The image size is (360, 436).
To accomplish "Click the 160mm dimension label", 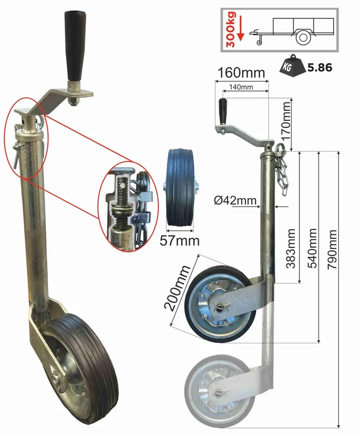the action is point(241,72).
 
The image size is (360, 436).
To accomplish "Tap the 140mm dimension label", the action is point(241,87).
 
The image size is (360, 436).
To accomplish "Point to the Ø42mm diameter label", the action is point(235,200).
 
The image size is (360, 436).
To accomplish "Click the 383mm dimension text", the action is point(291,249).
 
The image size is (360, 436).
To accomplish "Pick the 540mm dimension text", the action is point(312,249).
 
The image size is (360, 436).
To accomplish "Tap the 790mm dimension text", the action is point(332,250).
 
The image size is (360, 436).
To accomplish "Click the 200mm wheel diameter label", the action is point(177,288).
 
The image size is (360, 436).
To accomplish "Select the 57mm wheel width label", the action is point(179,241).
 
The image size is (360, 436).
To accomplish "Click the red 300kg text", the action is point(231,29).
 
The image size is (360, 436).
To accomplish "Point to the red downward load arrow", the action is point(241,27).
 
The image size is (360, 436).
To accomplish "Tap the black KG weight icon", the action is point(292,65).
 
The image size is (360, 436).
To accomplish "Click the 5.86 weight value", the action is point(320,67).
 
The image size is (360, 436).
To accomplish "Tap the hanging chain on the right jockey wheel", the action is point(281,169).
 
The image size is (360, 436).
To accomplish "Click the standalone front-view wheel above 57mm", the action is point(179,187).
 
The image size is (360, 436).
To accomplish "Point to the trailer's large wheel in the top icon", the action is point(303,38).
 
